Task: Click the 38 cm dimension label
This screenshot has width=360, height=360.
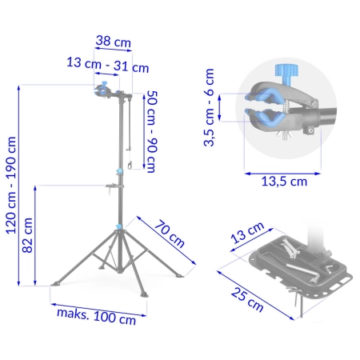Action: click(x=114, y=42)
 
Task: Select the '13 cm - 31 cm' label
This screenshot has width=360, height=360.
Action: click(x=108, y=65)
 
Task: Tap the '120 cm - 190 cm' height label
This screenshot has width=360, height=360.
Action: click(x=11, y=186)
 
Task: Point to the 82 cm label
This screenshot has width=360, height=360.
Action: click(x=27, y=235)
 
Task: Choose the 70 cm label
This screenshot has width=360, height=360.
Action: click(x=170, y=234)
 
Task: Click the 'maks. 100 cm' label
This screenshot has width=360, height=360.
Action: click(x=97, y=316)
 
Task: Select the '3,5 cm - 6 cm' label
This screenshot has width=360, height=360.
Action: click(x=210, y=107)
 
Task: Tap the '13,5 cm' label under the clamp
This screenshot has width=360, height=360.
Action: click(x=284, y=182)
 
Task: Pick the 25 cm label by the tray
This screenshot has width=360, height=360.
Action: click(x=247, y=300)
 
